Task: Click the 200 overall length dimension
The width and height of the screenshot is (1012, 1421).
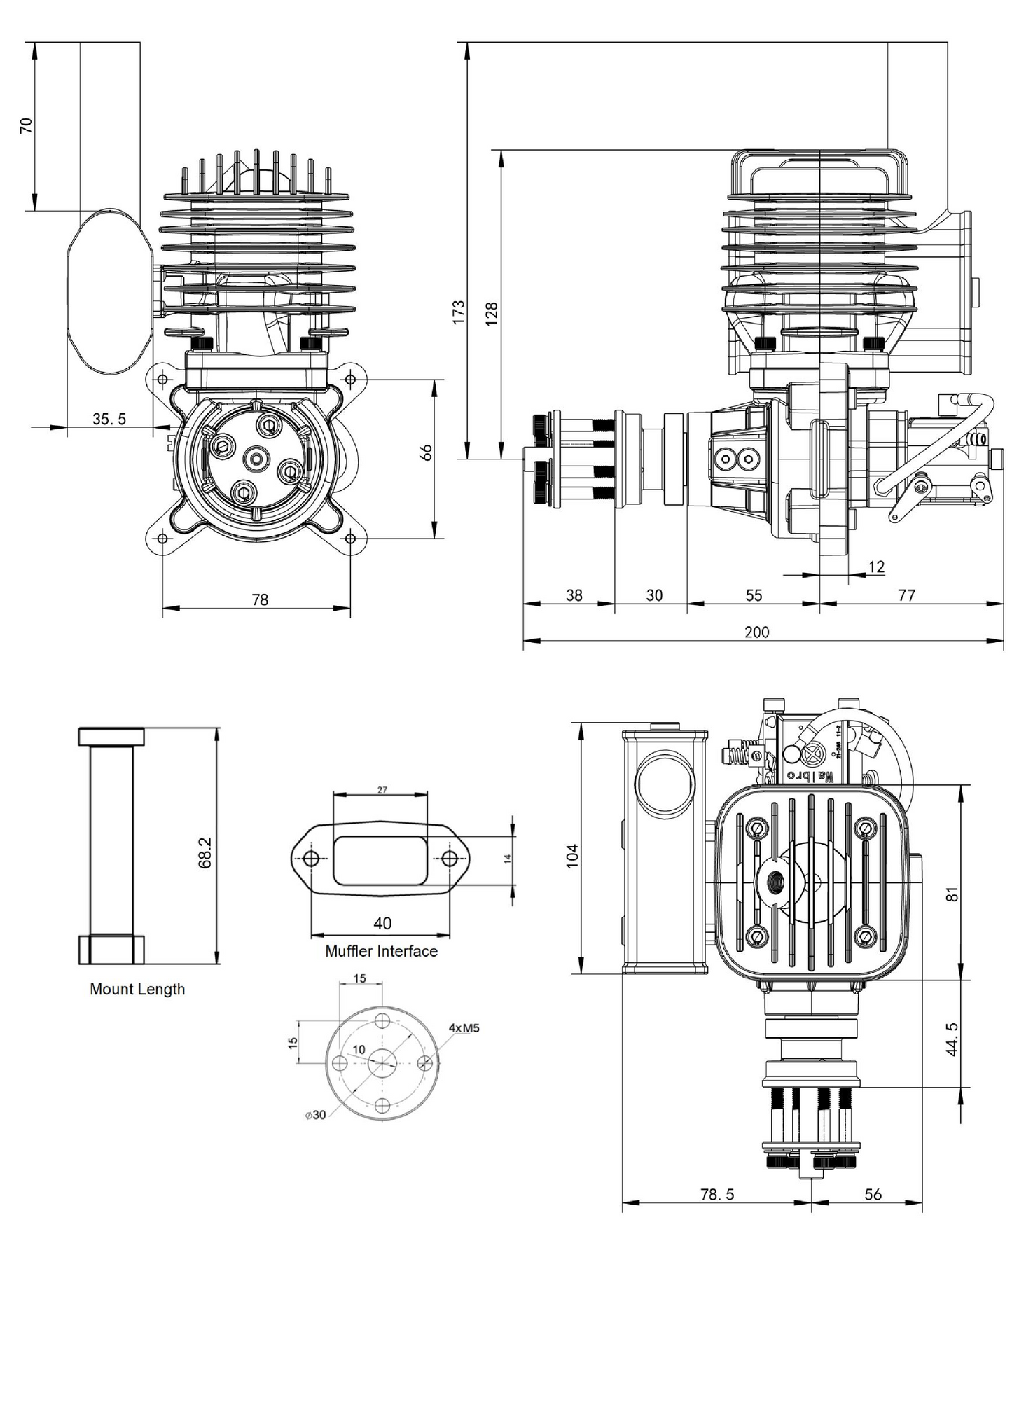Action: coord(757,632)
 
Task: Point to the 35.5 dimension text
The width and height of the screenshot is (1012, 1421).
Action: coord(110,419)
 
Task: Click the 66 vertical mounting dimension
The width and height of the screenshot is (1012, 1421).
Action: coord(427,452)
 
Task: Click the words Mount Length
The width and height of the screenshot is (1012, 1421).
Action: coord(137,989)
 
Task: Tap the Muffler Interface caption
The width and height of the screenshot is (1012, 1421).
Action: coord(381,951)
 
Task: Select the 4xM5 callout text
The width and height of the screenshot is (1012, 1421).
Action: coord(464,1028)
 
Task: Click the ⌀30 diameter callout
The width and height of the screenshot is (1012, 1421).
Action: coord(316,1115)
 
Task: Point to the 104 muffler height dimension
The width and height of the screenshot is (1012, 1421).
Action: coord(572,856)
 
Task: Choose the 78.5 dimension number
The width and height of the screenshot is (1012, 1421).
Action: coord(718,1194)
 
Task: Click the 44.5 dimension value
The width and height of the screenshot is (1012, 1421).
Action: coord(952,1039)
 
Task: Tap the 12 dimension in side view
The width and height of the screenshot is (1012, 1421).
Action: coord(876,567)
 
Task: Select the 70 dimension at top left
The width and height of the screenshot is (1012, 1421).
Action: coord(27,125)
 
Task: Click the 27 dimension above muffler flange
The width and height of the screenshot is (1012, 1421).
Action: coord(382,790)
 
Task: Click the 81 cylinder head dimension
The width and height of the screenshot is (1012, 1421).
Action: coord(952,894)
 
